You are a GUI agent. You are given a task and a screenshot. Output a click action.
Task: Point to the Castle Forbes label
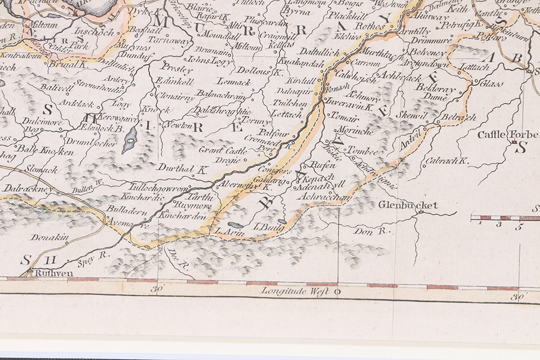[507, 134]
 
